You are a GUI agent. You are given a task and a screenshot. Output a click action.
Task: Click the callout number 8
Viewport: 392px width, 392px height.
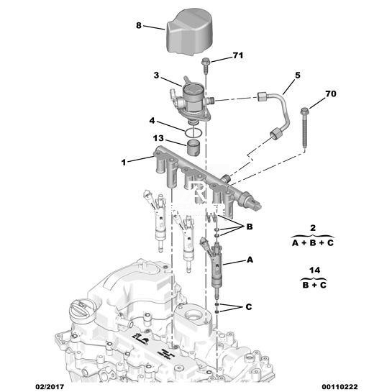click(x=139, y=25)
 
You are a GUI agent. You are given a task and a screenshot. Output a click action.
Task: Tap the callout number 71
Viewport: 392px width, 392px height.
click(x=238, y=55)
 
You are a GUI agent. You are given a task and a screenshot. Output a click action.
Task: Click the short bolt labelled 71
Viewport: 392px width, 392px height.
click(x=206, y=66)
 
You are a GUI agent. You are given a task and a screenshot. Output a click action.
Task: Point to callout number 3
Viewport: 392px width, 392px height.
click(x=156, y=75)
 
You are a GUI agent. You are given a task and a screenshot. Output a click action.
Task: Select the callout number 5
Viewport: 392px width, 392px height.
click(x=298, y=75)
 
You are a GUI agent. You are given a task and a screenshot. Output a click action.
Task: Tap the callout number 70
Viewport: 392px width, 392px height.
click(x=330, y=94)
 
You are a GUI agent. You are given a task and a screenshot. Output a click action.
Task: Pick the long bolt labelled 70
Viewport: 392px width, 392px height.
click(x=304, y=128)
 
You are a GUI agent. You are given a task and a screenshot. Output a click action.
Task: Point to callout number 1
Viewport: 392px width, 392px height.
click(x=124, y=163)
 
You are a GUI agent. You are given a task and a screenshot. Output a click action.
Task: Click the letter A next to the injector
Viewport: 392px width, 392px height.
click(x=250, y=260)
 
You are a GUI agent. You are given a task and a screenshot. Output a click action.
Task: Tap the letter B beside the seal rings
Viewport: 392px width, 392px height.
click(x=250, y=227)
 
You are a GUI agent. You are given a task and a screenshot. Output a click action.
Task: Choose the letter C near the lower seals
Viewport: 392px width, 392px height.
click(x=248, y=306)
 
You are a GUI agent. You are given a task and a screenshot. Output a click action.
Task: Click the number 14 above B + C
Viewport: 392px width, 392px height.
click(x=314, y=270)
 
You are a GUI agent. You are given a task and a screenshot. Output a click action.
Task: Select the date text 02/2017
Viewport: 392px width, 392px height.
click(x=49, y=387)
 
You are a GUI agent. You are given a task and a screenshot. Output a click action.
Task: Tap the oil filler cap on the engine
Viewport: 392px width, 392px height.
click(x=82, y=312)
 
